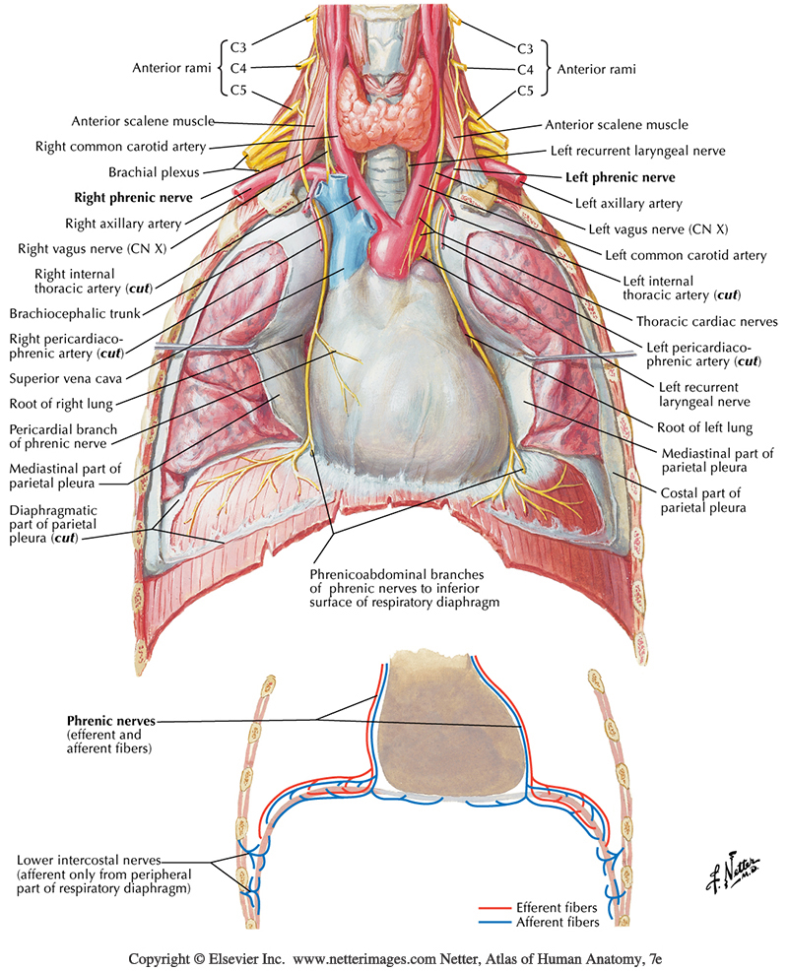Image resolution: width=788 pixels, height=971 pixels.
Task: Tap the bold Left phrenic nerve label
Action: pos(620,178)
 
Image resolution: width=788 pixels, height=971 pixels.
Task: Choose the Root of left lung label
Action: pos(704,427)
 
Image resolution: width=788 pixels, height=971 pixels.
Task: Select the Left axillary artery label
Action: pos(628,204)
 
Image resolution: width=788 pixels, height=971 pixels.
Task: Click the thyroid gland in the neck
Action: pos(374,103)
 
